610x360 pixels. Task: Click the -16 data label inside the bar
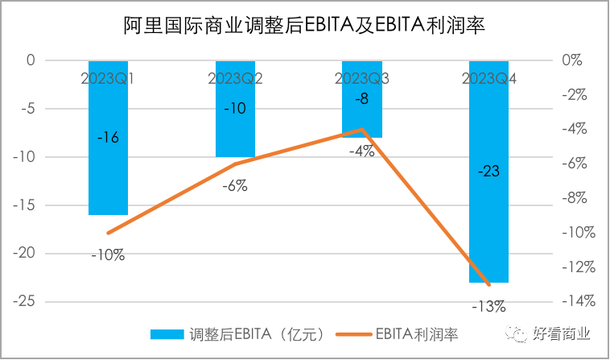coord(108,138)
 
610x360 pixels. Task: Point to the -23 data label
coord(489,171)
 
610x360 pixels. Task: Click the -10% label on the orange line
coord(108,255)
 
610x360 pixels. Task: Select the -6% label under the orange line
coord(235,186)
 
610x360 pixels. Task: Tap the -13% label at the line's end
coord(489,306)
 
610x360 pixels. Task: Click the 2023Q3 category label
coord(362,78)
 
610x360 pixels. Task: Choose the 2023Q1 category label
coord(107,78)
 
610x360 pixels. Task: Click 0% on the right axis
coord(572,60)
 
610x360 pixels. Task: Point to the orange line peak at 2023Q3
coord(362,129)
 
